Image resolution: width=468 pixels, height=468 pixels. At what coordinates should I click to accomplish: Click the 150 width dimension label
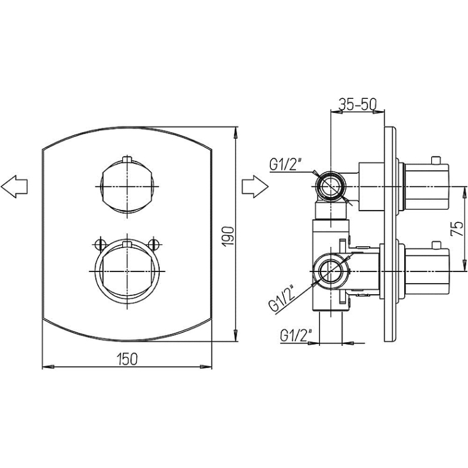(x=128, y=359)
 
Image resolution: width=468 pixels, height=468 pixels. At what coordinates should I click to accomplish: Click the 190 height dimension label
(x=228, y=236)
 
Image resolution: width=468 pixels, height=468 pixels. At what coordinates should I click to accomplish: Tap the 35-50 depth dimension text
(x=357, y=104)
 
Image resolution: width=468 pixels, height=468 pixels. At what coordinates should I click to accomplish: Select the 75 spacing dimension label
(x=457, y=228)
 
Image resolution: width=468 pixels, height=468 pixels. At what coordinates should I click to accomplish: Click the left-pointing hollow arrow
(x=14, y=187)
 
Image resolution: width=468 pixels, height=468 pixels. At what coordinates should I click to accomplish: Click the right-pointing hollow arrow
(x=255, y=187)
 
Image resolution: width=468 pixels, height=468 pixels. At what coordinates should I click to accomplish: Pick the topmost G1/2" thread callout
(x=286, y=164)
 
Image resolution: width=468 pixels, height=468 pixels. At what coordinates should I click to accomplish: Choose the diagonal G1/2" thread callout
(x=282, y=299)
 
